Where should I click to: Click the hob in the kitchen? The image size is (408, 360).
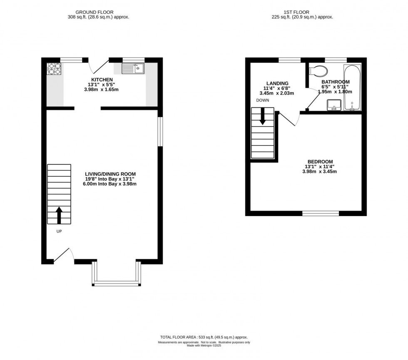coord(54,69)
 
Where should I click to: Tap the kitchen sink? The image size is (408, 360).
coord(133,69)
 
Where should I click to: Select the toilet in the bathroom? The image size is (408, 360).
coord(318,70)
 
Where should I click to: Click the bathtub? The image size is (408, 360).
coord(353,88)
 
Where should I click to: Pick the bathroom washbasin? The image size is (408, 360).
coord(334,105)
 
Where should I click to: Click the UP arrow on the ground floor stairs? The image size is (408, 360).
coord(59,215)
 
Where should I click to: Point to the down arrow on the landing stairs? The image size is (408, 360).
coord(262,116)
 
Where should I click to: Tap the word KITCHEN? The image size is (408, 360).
coord(102,79)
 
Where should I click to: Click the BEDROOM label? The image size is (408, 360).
coord(320,161)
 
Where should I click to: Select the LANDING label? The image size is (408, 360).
coord(277,83)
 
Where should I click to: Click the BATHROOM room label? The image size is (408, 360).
coord(336,82)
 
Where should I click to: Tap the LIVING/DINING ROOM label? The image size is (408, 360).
coord(110,174)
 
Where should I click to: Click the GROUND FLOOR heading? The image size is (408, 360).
coord(95,12)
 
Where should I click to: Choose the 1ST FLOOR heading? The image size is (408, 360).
coord(296,12)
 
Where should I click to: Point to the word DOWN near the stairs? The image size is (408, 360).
coord(263,100)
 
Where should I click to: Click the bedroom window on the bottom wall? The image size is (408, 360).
coord(321,214)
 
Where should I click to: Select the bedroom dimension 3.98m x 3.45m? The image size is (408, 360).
coord(320,171)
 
